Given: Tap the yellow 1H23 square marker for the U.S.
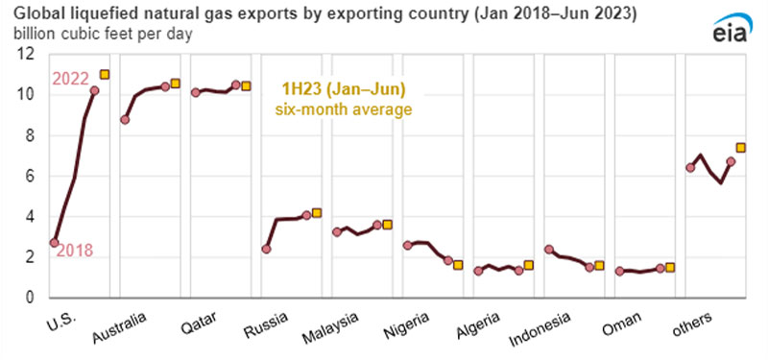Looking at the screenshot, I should click(x=105, y=75).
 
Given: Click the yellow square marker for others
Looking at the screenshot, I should click(x=740, y=148).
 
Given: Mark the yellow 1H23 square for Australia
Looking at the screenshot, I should click(x=176, y=84).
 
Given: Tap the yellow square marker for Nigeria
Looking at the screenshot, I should click(x=458, y=265).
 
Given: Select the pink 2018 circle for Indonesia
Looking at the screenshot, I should click(x=548, y=250).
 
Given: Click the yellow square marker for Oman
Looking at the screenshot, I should click(x=670, y=268).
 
